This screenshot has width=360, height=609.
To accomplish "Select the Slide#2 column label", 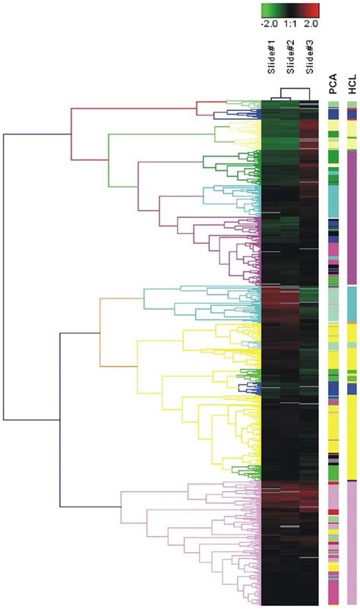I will click(x=289, y=62).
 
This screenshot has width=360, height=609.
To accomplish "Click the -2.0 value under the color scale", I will click(x=270, y=24).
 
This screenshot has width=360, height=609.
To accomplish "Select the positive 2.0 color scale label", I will click(x=311, y=24).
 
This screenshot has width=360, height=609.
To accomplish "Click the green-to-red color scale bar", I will click(x=289, y=10).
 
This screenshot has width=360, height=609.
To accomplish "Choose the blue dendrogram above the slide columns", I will click(x=289, y=94).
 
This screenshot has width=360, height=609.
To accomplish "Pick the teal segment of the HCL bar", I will click(x=352, y=304).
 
